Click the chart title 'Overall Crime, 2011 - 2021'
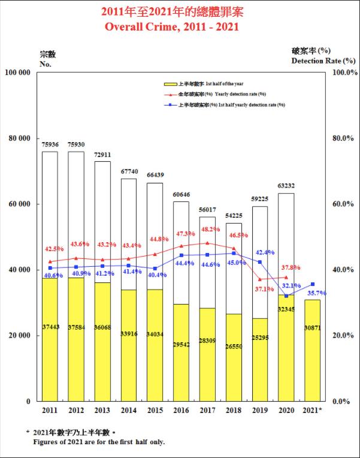[x=180, y=27]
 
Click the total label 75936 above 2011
[x=50, y=144]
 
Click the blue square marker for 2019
[x=260, y=262]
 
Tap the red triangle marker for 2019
[x=260, y=279]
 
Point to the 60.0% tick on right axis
[x=343, y=204]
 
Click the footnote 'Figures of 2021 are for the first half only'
[x=99, y=442]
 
